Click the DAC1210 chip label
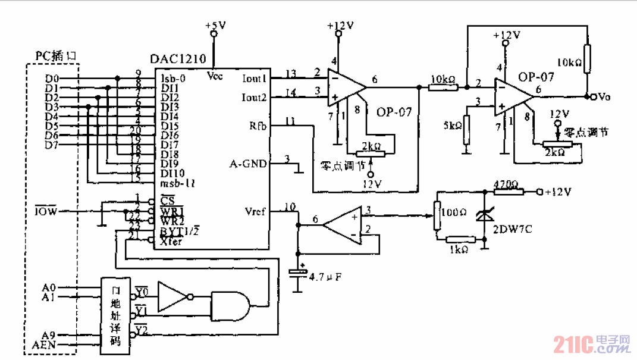pos(178,59)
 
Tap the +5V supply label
pos(215,26)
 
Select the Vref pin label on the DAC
pos(256,211)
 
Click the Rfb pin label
pos(258,126)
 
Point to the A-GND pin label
pos(249,163)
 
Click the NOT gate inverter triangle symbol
pos(173,296)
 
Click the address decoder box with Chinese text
pos(115,312)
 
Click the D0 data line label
pos(52,79)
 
